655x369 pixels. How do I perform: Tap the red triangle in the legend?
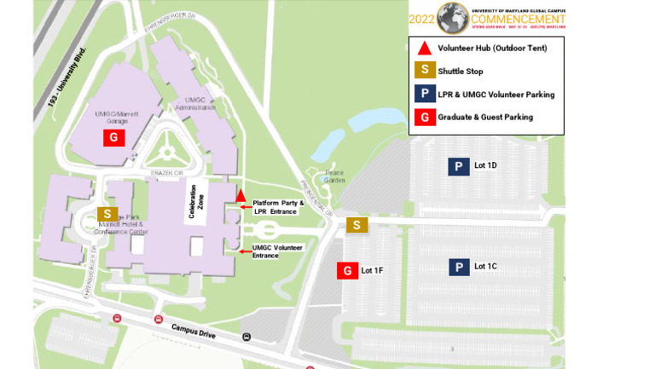(425, 49)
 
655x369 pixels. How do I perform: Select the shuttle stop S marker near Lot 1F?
(357, 225)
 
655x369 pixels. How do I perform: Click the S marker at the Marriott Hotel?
(107, 213)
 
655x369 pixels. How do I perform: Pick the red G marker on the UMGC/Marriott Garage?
(114, 137)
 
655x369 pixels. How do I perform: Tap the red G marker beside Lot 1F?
(347, 270)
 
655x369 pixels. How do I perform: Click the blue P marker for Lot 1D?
(459, 166)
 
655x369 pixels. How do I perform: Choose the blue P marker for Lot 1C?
(459, 268)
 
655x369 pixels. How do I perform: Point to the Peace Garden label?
(334, 177)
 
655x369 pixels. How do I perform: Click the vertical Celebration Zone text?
(197, 203)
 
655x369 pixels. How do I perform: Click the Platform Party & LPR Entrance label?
(278, 206)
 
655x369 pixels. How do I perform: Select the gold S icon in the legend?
(425, 72)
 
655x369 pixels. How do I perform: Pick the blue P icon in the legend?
(425, 95)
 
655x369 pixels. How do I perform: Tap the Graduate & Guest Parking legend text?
(485, 117)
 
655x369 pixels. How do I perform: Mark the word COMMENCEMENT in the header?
(518, 19)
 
